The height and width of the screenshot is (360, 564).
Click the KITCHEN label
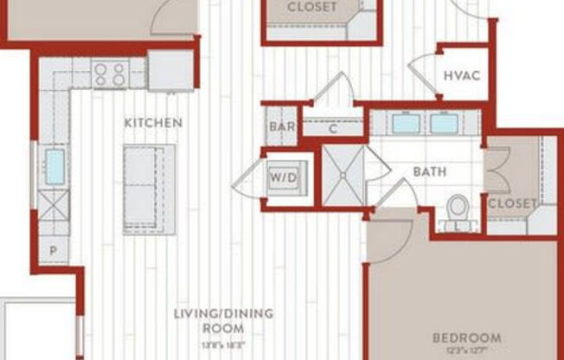coord(153,123)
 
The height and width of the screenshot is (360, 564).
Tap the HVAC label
coord(462,74)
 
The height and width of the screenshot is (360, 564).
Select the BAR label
coord(282,126)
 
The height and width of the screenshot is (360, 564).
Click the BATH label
coord(429,171)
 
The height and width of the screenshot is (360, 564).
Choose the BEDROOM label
coord(467,337)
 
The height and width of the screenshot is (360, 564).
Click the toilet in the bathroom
coord(458,210)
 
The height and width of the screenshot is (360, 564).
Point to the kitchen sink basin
coord(54,167)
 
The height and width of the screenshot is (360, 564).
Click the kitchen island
coord(149,189)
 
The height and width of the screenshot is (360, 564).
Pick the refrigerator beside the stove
coord(170,70)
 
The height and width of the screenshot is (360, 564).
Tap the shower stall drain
coord(343,175)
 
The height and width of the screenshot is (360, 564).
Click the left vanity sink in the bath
coord(406,123)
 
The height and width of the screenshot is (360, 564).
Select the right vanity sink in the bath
coord(444,123)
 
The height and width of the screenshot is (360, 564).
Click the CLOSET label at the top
coord(312,7)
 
